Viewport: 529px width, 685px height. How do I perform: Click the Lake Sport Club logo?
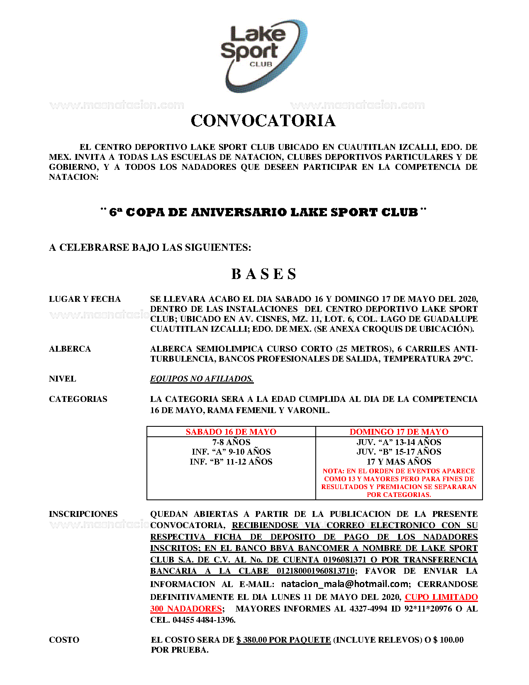[x=264, y=55]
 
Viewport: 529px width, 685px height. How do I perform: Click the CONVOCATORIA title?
[x=263, y=121]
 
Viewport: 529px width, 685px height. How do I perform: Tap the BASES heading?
[x=264, y=274]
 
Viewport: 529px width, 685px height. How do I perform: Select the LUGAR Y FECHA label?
[x=85, y=299]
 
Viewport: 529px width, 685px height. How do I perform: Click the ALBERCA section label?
[x=70, y=349]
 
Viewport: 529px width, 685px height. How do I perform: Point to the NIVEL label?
[x=62, y=379]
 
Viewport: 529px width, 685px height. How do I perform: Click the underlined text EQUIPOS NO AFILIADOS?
[x=202, y=379]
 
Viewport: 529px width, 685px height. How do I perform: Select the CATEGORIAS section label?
[x=78, y=399]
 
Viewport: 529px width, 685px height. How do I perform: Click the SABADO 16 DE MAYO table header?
[x=231, y=432]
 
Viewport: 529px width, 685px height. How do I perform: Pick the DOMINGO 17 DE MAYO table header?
[x=399, y=432]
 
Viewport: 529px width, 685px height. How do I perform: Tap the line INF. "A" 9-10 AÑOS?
[x=231, y=452]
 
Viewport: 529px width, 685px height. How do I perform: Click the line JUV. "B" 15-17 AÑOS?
[x=399, y=452]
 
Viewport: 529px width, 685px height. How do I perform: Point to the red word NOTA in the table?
[x=333, y=471]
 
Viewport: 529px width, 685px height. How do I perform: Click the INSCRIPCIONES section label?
[x=83, y=514]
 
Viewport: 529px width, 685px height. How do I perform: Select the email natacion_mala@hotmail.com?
[x=345, y=584]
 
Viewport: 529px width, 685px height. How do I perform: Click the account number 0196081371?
[x=345, y=560]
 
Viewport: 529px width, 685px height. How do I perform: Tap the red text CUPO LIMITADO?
[x=441, y=597]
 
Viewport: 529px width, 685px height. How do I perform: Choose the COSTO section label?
[x=64, y=640]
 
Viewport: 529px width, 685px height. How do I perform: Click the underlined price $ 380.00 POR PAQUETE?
[x=284, y=640]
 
